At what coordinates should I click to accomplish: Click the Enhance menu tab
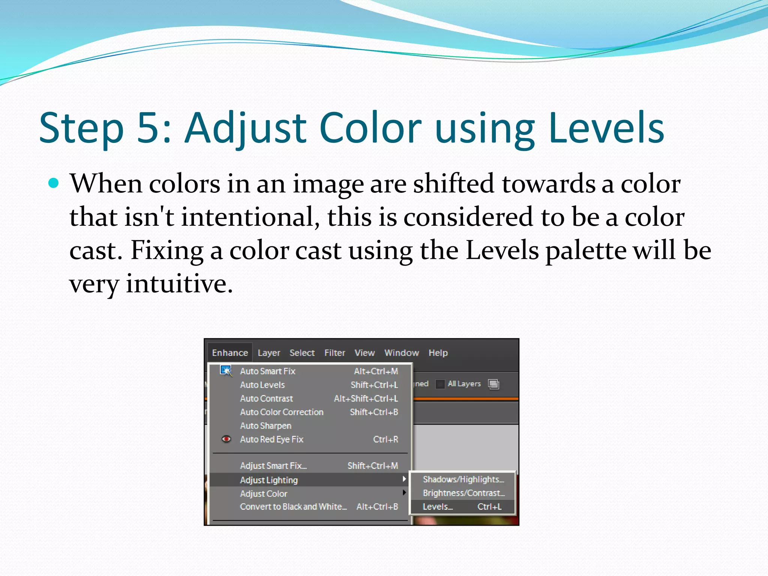[x=230, y=353]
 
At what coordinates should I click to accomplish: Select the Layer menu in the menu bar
[x=269, y=353]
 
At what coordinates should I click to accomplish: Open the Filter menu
[x=334, y=353]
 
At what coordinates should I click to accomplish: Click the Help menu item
[x=438, y=353]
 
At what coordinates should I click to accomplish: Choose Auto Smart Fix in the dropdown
[x=268, y=371]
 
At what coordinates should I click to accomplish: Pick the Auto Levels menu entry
[x=262, y=385]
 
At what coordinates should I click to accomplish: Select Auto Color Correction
[x=282, y=412]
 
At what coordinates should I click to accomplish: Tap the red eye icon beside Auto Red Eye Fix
[x=226, y=439]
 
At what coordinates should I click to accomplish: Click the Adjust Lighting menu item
[x=269, y=480]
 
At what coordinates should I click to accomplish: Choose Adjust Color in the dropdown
[x=264, y=494]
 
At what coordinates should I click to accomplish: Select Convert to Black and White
[x=293, y=507]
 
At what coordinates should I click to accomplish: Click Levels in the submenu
[x=438, y=507]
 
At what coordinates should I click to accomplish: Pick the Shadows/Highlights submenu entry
[x=463, y=479]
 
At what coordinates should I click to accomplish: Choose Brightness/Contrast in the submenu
[x=463, y=493]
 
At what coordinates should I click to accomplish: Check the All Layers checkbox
[x=440, y=384]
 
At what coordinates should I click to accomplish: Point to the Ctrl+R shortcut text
[x=385, y=439]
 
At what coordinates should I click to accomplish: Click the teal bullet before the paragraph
[x=54, y=183]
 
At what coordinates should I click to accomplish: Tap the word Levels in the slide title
[x=606, y=127]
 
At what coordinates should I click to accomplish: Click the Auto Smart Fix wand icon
[x=226, y=371]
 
